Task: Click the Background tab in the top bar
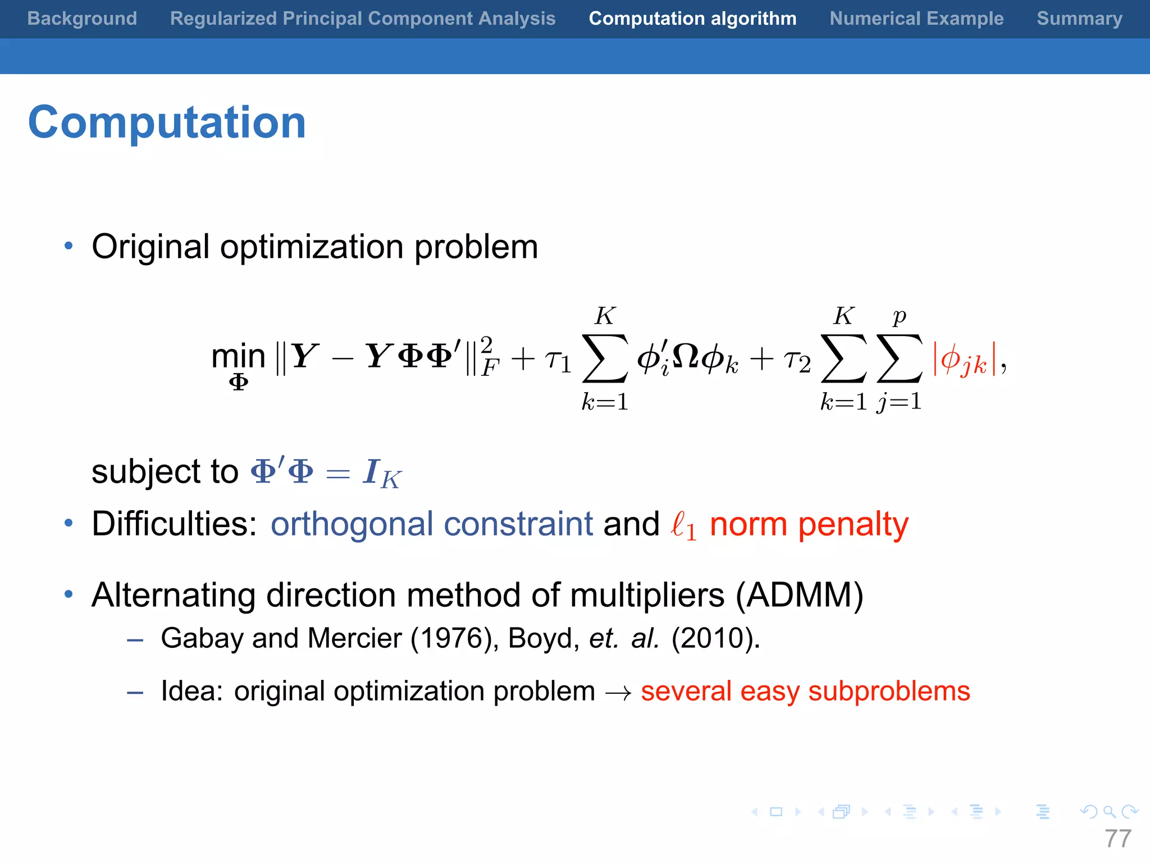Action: [82, 19]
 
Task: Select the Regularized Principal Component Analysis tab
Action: [363, 19]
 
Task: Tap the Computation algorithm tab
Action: [692, 19]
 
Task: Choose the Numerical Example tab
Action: [916, 19]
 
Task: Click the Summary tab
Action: [1079, 19]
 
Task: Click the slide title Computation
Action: [167, 122]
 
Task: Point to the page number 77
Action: [1117, 839]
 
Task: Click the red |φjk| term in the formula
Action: [965, 360]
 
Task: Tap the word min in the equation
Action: [238, 356]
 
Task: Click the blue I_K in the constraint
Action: [382, 473]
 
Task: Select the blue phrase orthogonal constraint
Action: [431, 524]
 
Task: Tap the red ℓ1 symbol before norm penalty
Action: [683, 526]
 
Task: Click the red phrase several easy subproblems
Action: [805, 691]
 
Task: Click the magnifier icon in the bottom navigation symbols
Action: [1109, 811]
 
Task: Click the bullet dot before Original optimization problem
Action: [69, 246]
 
